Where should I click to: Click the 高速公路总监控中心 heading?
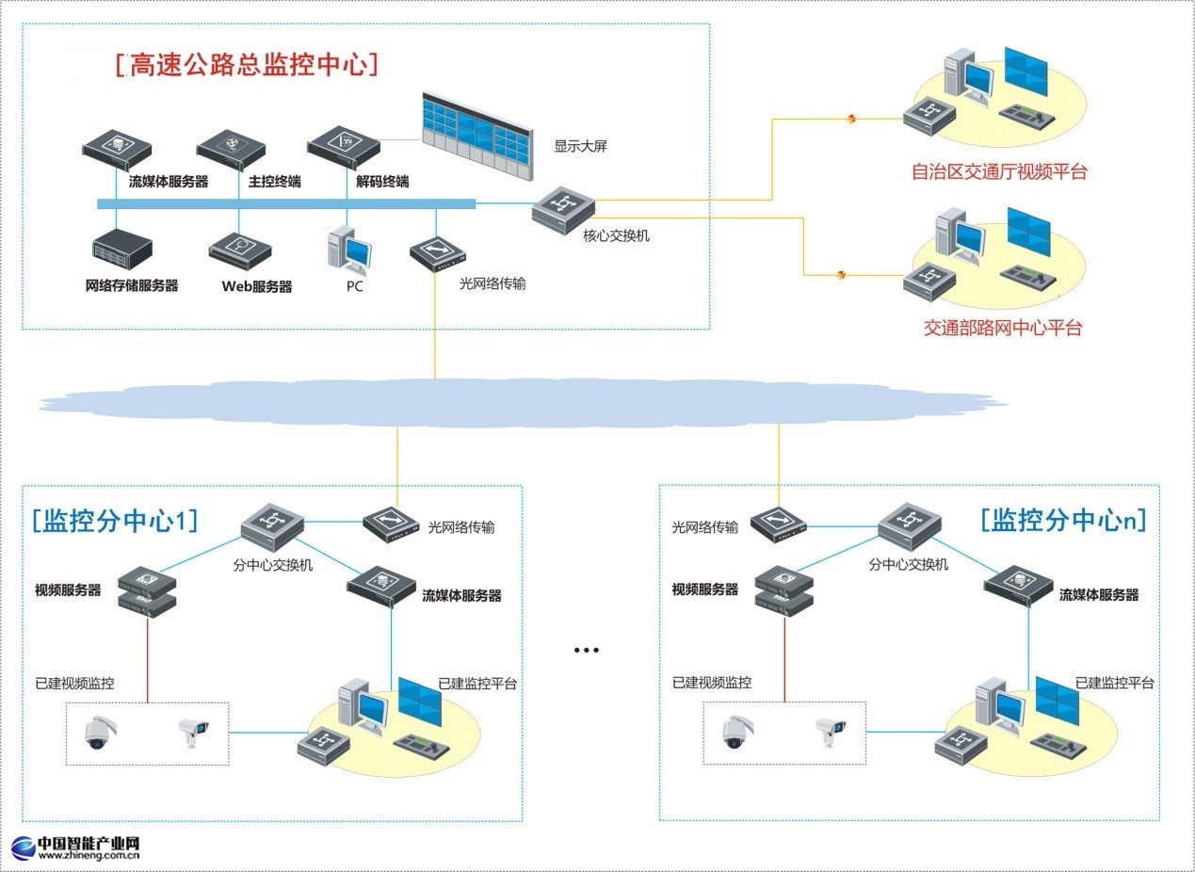pyautogui.click(x=247, y=64)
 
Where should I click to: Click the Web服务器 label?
pyautogui.click(x=256, y=286)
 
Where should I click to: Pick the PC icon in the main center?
pyautogui.click(x=348, y=250)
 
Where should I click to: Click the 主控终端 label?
pyautogui.click(x=275, y=182)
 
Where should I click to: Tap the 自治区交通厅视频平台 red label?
pyautogui.click(x=999, y=171)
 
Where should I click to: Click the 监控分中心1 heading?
pyautogui.click(x=114, y=521)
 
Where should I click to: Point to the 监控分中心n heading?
pyautogui.click(x=1063, y=520)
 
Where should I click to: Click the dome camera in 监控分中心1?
pyautogui.click(x=98, y=732)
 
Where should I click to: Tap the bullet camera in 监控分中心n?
pyautogui.click(x=829, y=731)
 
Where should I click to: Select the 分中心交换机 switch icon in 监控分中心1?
pyautogui.click(x=272, y=525)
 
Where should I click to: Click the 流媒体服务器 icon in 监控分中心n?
pyautogui.click(x=1020, y=588)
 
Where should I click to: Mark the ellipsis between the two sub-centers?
pyautogui.click(x=586, y=650)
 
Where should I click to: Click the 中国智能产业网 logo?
pyautogui.click(x=75, y=848)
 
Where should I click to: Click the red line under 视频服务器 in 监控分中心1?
pyautogui.click(x=147, y=659)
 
